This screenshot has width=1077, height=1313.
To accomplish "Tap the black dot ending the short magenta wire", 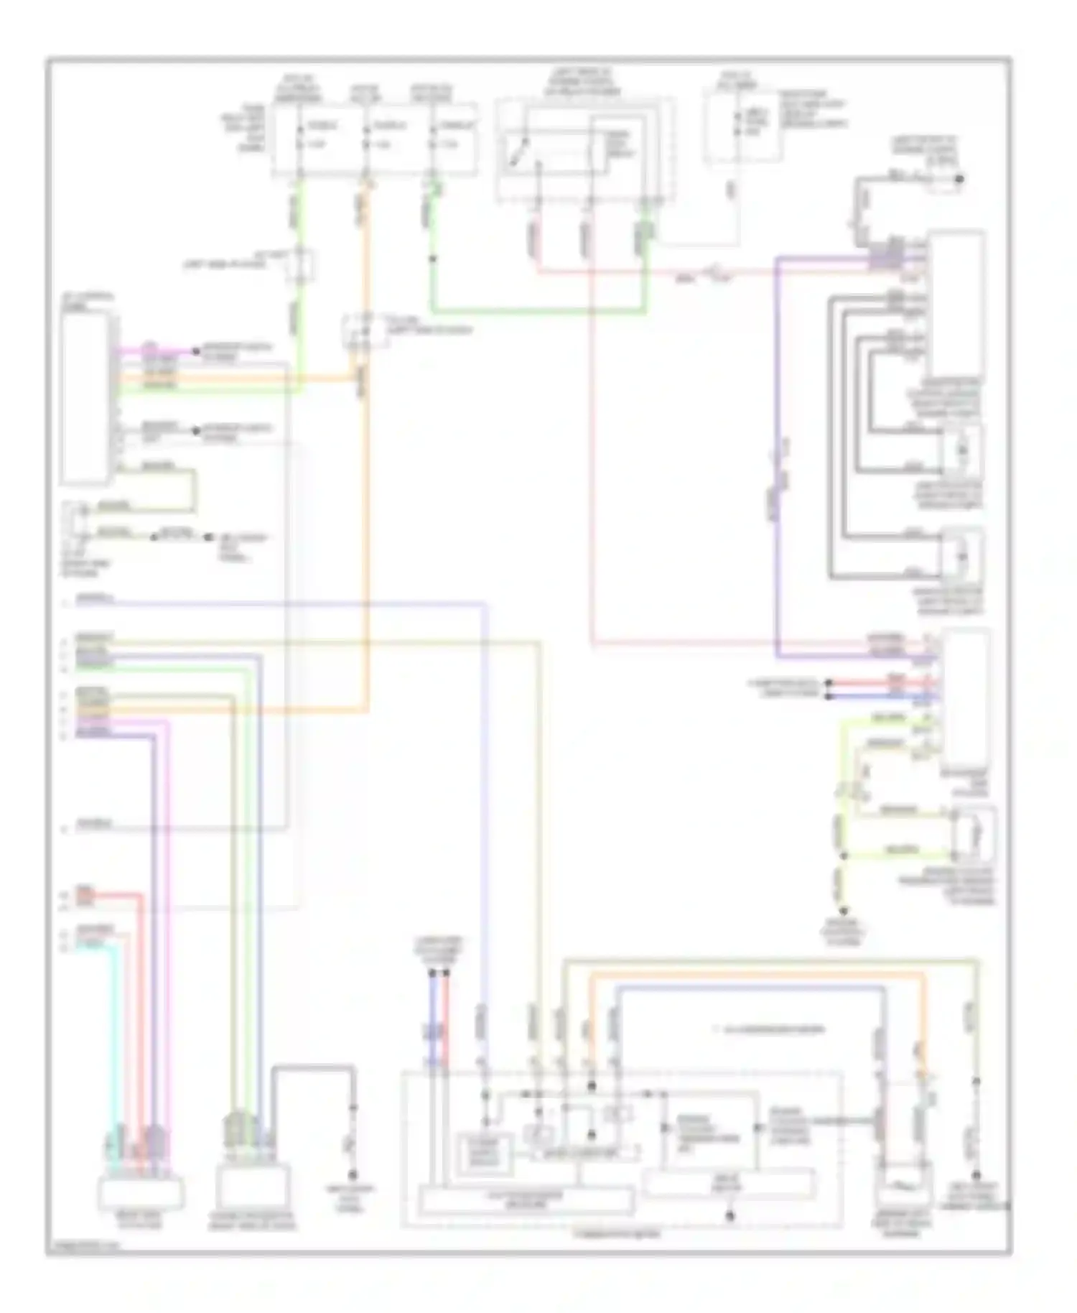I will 195,351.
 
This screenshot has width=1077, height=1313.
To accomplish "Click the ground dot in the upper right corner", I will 959,180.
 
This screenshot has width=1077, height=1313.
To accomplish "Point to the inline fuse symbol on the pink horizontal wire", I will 714,272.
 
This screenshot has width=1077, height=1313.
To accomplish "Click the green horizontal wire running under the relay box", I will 538,312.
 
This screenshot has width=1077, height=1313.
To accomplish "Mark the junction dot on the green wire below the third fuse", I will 433,259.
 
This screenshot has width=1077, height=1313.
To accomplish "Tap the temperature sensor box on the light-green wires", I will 974,832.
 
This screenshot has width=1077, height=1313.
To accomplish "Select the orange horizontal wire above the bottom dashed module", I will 754,975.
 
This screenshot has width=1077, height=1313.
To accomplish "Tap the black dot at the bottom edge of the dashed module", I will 729,1216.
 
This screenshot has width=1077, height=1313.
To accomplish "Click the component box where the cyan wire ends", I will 141,1193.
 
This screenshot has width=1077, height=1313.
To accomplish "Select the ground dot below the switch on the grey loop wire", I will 353,1175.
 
